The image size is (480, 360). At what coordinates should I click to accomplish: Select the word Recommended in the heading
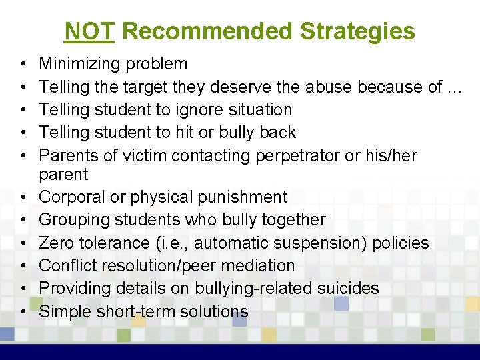click(208, 31)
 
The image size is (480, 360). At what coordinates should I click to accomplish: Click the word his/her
click(399, 155)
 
